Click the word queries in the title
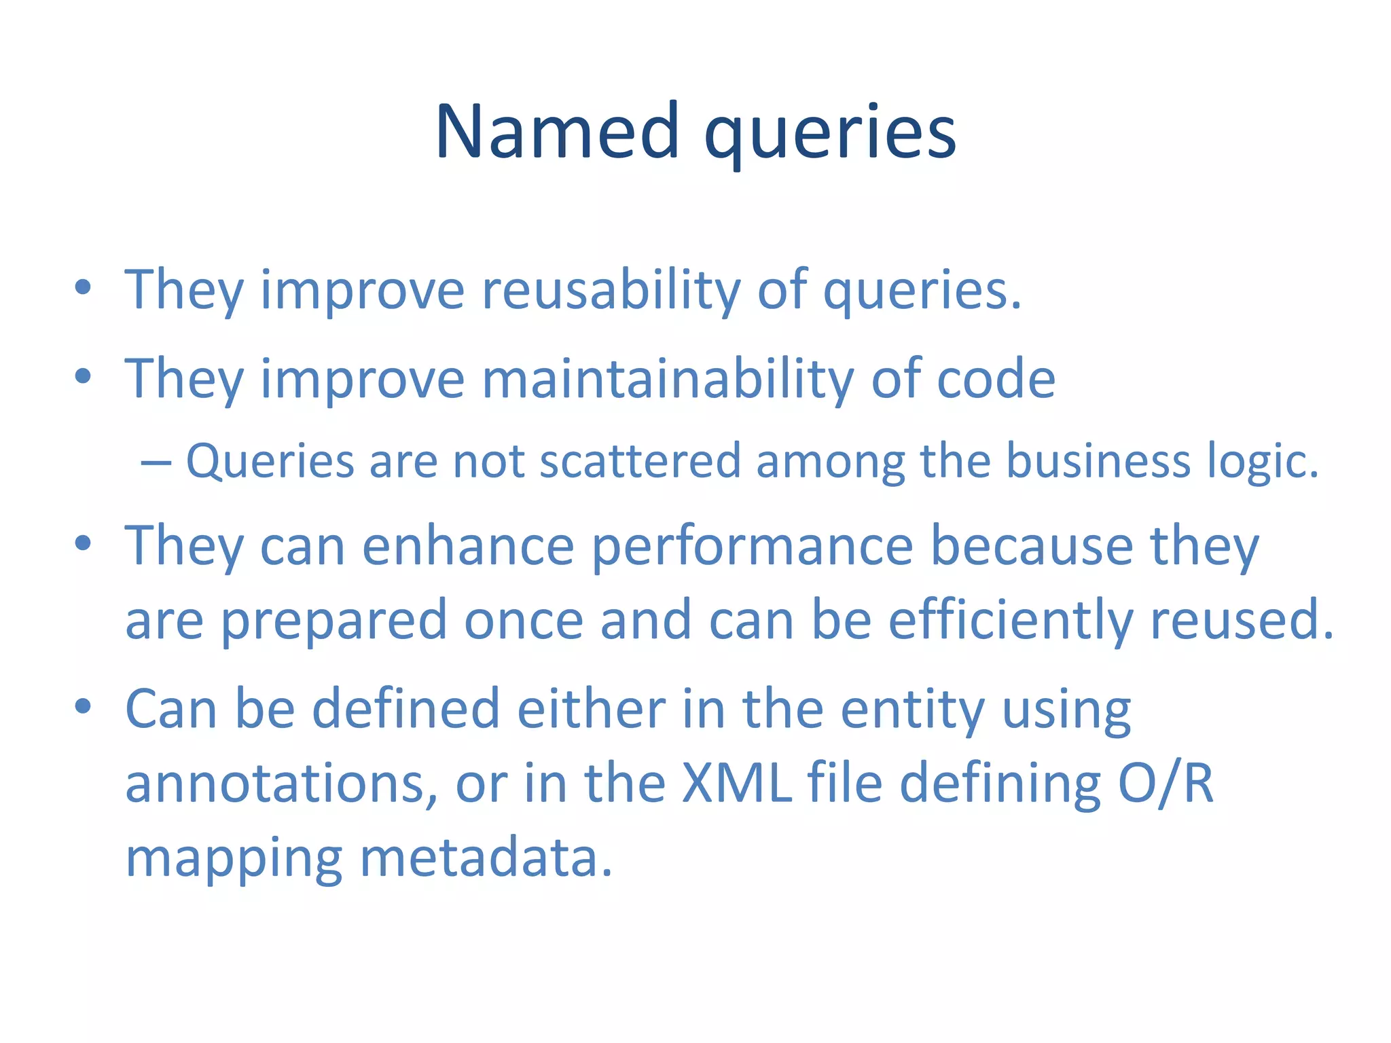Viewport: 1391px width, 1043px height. (x=830, y=133)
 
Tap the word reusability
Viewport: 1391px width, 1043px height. (x=611, y=290)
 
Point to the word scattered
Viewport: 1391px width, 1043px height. (x=639, y=461)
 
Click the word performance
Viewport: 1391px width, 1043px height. (x=753, y=547)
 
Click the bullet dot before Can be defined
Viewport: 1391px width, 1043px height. (x=83, y=706)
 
